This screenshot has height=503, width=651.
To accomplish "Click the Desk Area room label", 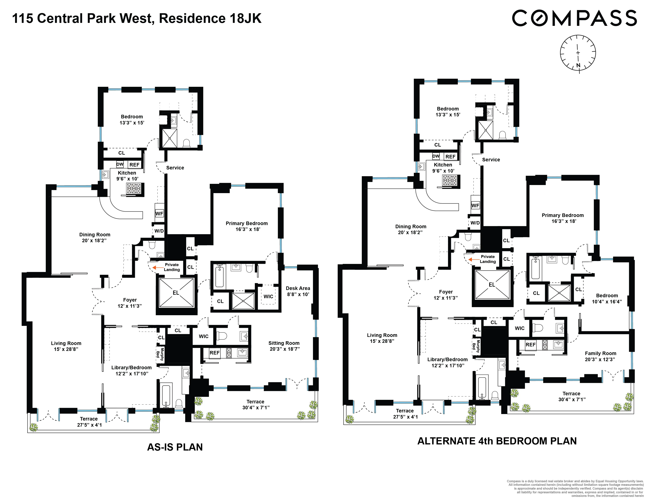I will [298, 288].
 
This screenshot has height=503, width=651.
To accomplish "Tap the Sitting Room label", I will [284, 343].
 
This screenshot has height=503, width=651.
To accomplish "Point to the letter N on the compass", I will [578, 65].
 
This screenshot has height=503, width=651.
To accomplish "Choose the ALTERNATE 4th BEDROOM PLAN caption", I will [497, 441].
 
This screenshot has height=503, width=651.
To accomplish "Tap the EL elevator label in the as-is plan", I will [176, 293].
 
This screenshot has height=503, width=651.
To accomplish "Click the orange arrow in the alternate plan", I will [472, 260].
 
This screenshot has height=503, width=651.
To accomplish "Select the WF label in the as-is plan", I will [159, 213].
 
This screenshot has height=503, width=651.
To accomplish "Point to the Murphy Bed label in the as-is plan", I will [160, 354].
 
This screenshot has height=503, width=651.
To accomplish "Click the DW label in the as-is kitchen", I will [120, 164].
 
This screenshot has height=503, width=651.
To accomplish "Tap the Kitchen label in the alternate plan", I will [443, 165].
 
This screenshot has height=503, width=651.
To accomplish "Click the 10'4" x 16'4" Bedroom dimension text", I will [607, 302].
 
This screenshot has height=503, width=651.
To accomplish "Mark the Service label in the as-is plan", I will [175, 168].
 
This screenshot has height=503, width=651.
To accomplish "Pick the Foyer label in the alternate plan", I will [446, 292].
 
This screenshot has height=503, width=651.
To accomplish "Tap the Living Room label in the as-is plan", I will [66, 343].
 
